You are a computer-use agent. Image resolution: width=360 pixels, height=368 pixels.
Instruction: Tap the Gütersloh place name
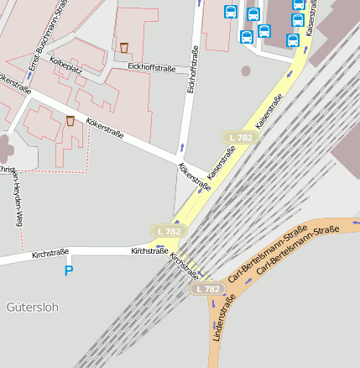coord(32,307)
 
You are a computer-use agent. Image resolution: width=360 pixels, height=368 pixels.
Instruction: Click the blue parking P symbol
coord(69,270)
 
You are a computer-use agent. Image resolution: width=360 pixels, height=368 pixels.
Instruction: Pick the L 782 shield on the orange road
coord(206,289)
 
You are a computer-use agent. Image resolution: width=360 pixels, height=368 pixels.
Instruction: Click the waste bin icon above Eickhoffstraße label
coord(124,48)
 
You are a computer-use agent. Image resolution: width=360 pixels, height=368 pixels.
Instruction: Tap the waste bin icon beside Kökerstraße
coord(70,121)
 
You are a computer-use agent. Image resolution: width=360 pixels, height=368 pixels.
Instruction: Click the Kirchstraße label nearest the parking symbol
coord(50,253)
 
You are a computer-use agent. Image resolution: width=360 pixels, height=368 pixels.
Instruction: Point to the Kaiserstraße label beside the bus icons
coord(310,24)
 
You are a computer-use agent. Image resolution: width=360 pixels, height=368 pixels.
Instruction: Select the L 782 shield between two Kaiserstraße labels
coord(240,137)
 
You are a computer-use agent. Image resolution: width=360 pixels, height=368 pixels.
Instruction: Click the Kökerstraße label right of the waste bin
coord(105,129)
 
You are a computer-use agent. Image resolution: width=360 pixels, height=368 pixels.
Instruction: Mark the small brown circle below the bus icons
coord(246,71)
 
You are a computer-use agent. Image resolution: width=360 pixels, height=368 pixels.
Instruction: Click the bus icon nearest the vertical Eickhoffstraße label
coord(231,12)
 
